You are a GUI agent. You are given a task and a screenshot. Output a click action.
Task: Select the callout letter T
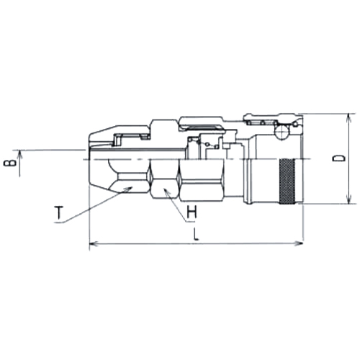59,212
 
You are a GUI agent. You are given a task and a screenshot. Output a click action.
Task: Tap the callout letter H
192,212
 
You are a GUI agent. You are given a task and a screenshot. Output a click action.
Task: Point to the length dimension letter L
196,235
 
